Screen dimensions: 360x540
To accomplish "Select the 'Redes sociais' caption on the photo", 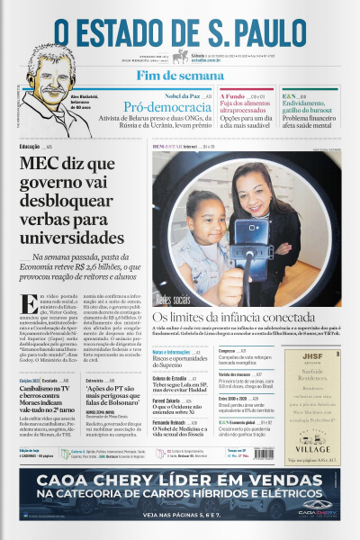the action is pos(176,299).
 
